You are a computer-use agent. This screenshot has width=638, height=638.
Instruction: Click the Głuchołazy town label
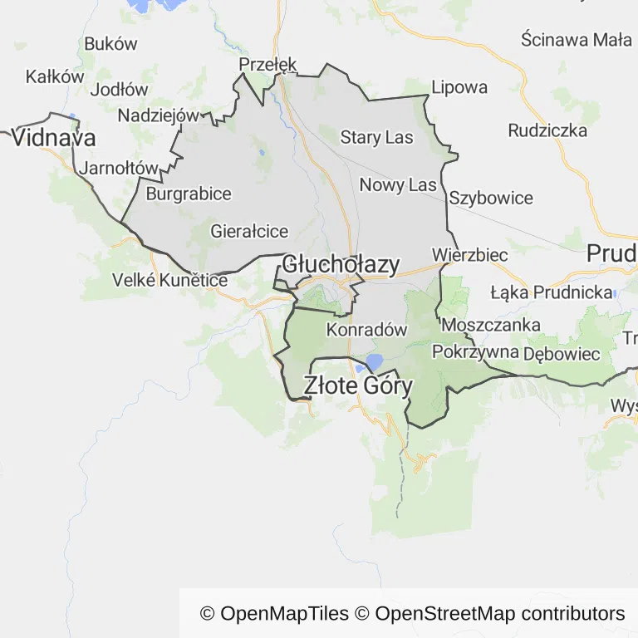coord(341,264)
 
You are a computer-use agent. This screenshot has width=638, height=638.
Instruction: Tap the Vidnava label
coord(54,137)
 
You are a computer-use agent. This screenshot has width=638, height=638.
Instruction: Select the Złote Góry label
coord(358,385)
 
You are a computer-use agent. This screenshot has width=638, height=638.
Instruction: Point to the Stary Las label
coord(376,138)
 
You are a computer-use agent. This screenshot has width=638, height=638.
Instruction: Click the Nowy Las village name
coord(398,184)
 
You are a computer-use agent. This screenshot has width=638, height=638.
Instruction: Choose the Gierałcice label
coord(249,231)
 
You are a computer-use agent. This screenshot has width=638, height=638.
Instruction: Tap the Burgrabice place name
coord(189,194)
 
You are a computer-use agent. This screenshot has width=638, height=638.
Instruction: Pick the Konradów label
coord(367,330)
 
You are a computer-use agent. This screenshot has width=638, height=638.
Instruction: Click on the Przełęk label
coord(267,65)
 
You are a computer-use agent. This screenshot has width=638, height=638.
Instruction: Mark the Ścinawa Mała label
coord(577,39)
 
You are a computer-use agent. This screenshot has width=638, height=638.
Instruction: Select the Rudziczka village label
coord(547,130)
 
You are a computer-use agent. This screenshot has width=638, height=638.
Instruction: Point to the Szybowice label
coord(491,199)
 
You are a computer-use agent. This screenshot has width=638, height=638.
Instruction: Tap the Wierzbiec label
coord(470,255)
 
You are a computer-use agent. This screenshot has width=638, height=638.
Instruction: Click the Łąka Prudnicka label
coord(551,292)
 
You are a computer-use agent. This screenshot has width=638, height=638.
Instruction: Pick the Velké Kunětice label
coord(169,281)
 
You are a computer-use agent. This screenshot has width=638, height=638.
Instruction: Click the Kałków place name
coord(56,76)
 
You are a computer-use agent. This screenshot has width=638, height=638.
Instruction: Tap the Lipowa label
coord(459,87)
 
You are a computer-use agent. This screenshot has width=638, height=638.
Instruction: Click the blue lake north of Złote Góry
coord(373,361)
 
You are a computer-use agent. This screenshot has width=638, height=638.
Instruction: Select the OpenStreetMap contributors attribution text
coord(500,614)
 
